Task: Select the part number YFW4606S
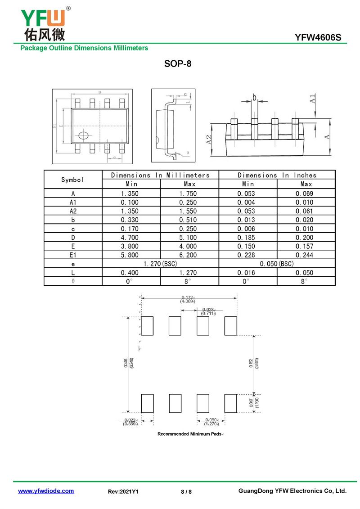pos(321,38)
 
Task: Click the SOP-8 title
pos(178,64)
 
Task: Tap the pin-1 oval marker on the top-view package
pos(84,135)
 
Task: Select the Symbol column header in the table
pos(73,180)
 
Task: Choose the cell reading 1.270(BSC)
pos(160,264)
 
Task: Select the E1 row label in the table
pos(73,255)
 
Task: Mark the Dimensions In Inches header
pos(277,175)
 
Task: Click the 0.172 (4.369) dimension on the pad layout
pos(188,299)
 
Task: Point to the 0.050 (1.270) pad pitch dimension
pos(211,422)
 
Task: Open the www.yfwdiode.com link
pos(46,491)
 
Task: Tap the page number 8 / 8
pos(186,491)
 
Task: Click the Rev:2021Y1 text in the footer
pos(123,491)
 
